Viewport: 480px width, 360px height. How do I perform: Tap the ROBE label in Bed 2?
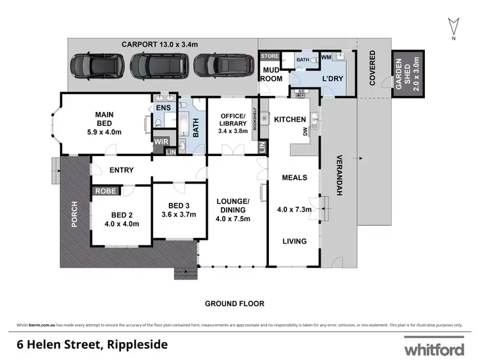104,191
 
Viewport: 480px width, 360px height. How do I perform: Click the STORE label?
267,56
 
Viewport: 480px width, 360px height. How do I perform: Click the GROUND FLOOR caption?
234,304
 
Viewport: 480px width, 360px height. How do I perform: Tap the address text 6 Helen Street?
92,345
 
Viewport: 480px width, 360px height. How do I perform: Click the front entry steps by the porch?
184,273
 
